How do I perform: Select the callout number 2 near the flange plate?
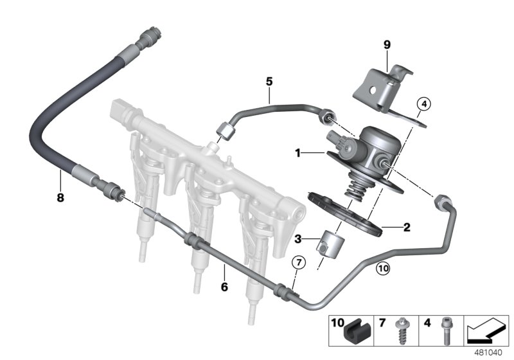click(406, 226)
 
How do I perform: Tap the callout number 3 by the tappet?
click(297, 240)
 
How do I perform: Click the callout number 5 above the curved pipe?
click(270, 82)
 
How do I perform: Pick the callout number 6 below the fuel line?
click(224, 287)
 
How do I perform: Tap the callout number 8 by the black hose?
click(60, 198)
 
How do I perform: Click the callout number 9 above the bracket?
click(387, 44)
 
